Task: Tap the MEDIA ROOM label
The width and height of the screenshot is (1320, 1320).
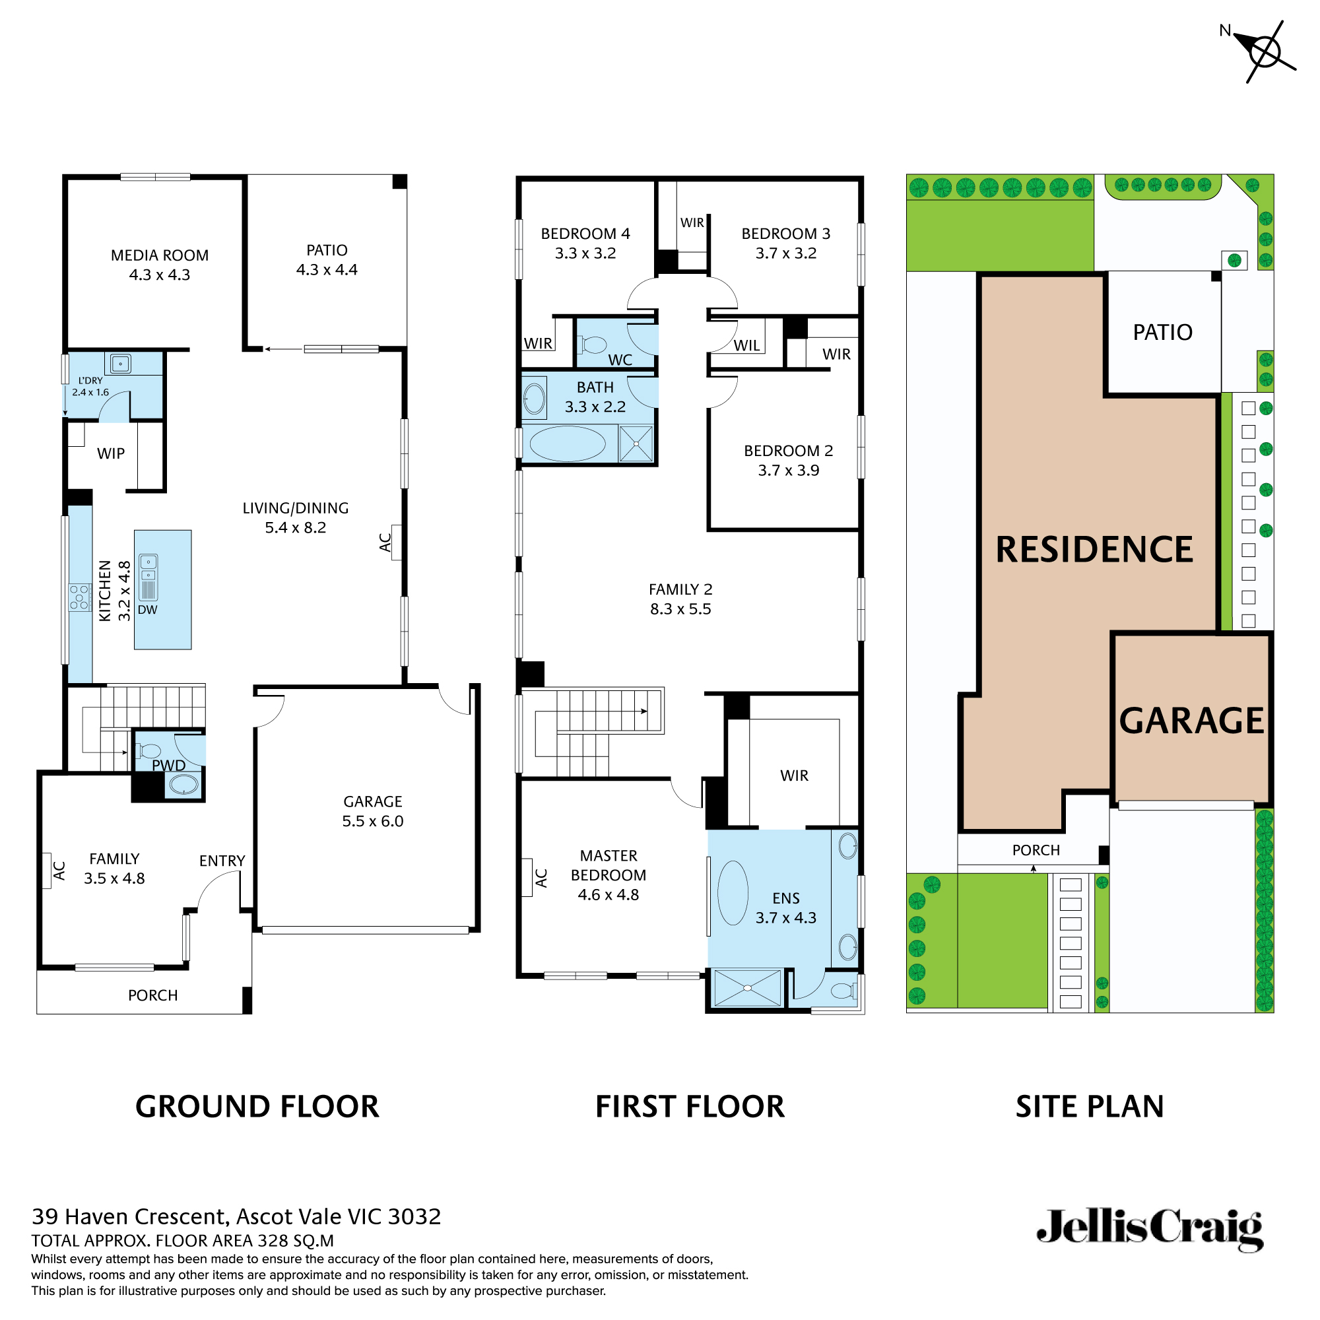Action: point(159,255)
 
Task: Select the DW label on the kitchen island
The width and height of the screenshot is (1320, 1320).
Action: point(148,610)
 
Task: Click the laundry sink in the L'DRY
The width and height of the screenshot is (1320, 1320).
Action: point(121,364)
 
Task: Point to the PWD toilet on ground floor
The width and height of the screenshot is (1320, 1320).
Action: point(150,752)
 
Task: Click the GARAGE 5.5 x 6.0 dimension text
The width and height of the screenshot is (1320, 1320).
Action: point(372,821)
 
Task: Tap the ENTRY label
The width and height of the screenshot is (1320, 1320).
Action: point(222,861)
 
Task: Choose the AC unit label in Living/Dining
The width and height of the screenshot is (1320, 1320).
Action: point(385,542)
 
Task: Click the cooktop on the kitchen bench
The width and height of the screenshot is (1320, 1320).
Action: point(79,597)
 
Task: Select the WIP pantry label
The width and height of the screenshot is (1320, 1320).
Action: point(111,453)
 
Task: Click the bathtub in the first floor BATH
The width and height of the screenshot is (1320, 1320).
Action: point(567,444)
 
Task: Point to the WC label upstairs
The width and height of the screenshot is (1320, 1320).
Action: point(620,360)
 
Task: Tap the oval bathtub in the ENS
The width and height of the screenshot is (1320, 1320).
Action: point(733,893)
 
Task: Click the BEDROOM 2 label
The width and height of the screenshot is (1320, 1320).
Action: point(788,451)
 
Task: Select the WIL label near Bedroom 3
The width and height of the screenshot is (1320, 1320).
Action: point(746,346)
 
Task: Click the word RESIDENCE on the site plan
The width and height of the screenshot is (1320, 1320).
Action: point(1094,550)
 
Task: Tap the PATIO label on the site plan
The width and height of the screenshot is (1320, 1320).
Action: point(1162,333)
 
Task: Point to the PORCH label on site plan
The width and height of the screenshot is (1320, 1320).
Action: point(1036,851)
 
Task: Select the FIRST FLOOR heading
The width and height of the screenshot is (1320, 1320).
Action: point(690,1107)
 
